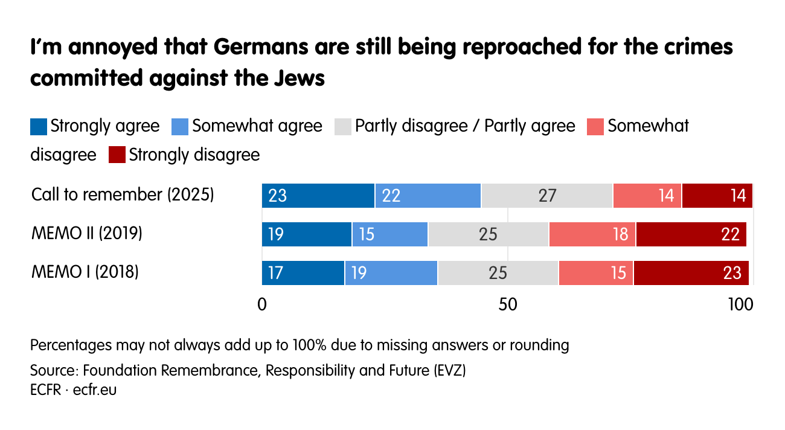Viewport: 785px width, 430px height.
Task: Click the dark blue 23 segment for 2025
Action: point(318,196)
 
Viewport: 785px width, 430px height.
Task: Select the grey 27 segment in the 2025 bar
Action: point(546,196)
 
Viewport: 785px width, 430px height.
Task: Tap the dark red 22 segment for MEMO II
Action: point(691,234)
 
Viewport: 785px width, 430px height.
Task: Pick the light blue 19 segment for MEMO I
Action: point(391,273)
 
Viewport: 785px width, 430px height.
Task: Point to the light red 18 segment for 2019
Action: point(592,234)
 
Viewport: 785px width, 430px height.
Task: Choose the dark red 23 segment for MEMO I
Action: point(691,273)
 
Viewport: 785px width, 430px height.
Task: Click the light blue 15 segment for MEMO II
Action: point(389,234)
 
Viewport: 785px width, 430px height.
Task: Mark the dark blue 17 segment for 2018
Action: point(303,273)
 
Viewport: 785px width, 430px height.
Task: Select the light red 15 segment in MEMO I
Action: point(595,273)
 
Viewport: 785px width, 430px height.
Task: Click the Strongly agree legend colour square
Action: point(39,127)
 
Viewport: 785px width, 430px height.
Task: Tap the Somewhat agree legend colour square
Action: point(181,127)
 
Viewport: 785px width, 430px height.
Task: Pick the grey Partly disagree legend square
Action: point(343,127)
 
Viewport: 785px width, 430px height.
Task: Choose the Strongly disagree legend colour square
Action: point(117,155)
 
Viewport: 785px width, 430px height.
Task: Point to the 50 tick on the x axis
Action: point(508,305)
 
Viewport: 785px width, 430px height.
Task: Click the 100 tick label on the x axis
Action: point(740,305)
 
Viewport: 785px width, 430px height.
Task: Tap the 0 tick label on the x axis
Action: point(262,305)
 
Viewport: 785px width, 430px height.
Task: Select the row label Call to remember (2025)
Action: point(123,195)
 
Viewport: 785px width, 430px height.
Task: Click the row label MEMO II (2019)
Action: point(87,234)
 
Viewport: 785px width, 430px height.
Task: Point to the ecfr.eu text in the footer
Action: point(95,390)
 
